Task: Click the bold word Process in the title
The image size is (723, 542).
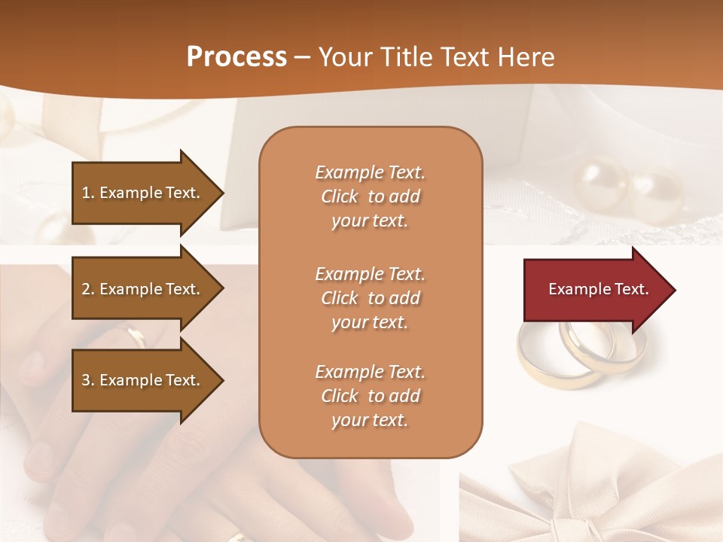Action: tap(236, 56)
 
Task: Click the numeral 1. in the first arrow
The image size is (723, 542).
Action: tap(88, 193)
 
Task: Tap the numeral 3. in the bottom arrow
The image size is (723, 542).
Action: tap(88, 380)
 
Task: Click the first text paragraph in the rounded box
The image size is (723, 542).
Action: tap(370, 196)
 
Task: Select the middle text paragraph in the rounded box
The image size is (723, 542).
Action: tap(370, 298)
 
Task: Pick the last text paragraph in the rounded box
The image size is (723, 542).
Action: tap(370, 396)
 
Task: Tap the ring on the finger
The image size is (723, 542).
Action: tap(136, 336)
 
